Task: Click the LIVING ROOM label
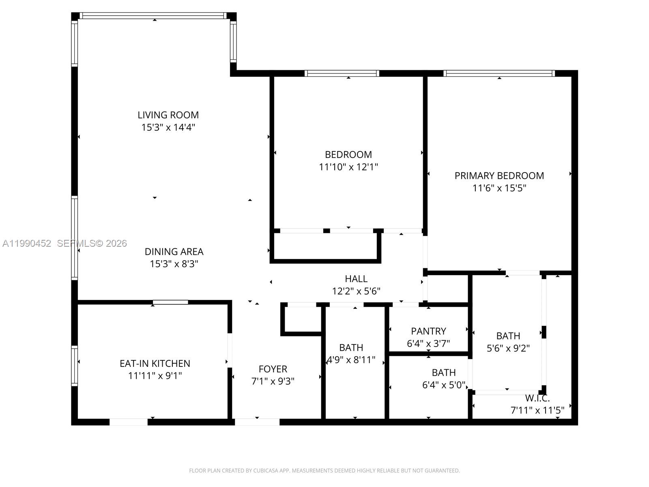[168, 115]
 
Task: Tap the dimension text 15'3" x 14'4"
[168, 127]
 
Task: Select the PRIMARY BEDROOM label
[499, 176]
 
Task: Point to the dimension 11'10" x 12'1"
[348, 167]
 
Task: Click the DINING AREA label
[174, 252]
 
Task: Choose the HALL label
[356, 279]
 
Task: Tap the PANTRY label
[428, 331]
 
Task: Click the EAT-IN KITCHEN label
[155, 363]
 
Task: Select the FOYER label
[273, 369]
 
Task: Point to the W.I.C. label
[537, 398]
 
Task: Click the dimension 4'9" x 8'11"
[351, 360]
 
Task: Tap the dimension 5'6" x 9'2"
[508, 348]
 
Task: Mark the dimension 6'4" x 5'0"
[443, 385]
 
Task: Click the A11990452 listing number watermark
[27, 243]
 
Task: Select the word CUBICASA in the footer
[266, 471]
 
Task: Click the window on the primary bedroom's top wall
[499, 73]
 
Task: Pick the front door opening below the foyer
[257, 422]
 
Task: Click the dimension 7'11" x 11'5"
[537, 410]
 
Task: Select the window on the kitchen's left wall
[75, 365]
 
